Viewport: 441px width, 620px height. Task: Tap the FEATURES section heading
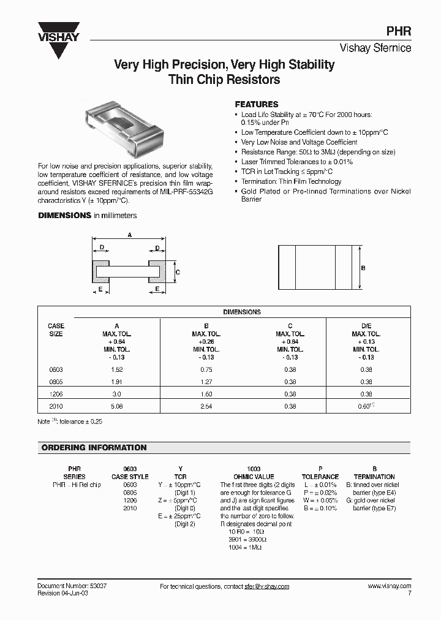[x=257, y=105]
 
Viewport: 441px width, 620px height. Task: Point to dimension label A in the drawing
[x=129, y=235]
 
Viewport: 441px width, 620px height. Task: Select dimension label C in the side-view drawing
[x=177, y=271]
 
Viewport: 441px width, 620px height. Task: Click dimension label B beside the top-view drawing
[x=363, y=268]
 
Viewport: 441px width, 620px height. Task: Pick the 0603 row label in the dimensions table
[x=56, y=370]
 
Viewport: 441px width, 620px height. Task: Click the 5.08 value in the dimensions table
[x=117, y=405]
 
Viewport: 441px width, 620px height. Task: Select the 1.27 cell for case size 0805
[x=206, y=382]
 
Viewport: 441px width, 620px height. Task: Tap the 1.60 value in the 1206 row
[x=206, y=393]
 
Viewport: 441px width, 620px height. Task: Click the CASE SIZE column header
[x=56, y=330]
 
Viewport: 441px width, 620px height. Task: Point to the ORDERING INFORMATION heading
[x=94, y=448]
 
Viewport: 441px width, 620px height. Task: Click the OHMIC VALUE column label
[x=254, y=477]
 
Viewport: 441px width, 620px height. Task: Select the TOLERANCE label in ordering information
[x=320, y=477]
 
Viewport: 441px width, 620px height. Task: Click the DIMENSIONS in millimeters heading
[x=88, y=216]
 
